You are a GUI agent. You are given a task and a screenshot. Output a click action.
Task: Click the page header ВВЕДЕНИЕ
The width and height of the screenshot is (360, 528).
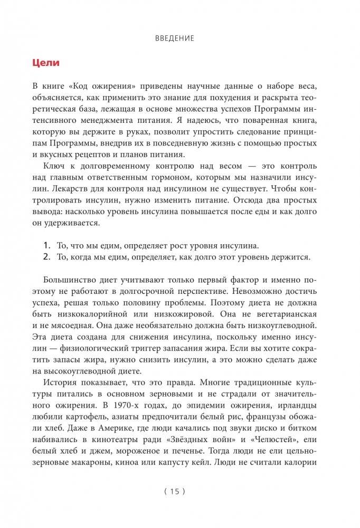pyautogui.click(x=176, y=38)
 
